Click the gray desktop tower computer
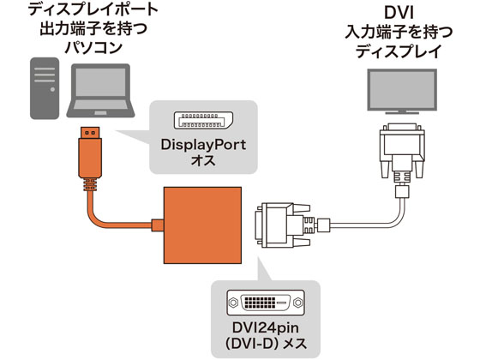pos(45,88)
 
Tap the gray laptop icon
pos(101,91)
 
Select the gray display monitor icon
pos(402,92)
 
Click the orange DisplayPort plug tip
pos(90,133)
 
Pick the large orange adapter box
pos(202,225)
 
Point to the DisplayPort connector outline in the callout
pos(203,120)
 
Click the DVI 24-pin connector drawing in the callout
pos(266,303)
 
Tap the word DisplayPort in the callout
pos(203,145)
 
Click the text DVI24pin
pos(265,328)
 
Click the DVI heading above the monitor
pos(399,13)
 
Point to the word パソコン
pos(93,48)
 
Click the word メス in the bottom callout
pos(295,344)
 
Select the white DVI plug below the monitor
pos(402,153)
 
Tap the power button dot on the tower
pos(52,90)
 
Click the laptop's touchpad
pos(100,113)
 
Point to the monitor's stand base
pos(402,112)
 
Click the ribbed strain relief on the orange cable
pos(90,184)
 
